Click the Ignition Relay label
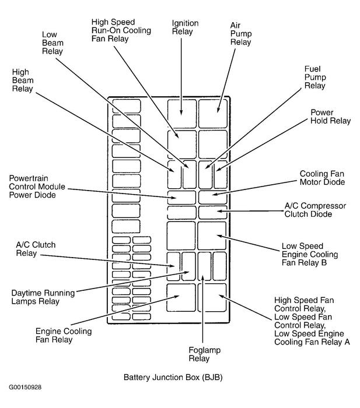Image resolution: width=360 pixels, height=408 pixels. click(x=185, y=27)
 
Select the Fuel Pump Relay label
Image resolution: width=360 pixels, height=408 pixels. click(x=315, y=77)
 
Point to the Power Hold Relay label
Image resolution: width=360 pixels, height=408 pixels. click(x=330, y=117)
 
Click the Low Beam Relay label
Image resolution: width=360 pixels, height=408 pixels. click(x=53, y=43)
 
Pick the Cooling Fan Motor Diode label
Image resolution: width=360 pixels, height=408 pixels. click(x=322, y=178)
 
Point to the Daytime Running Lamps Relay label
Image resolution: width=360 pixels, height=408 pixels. click(x=43, y=297)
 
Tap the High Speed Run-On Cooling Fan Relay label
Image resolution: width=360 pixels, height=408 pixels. click(x=121, y=30)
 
